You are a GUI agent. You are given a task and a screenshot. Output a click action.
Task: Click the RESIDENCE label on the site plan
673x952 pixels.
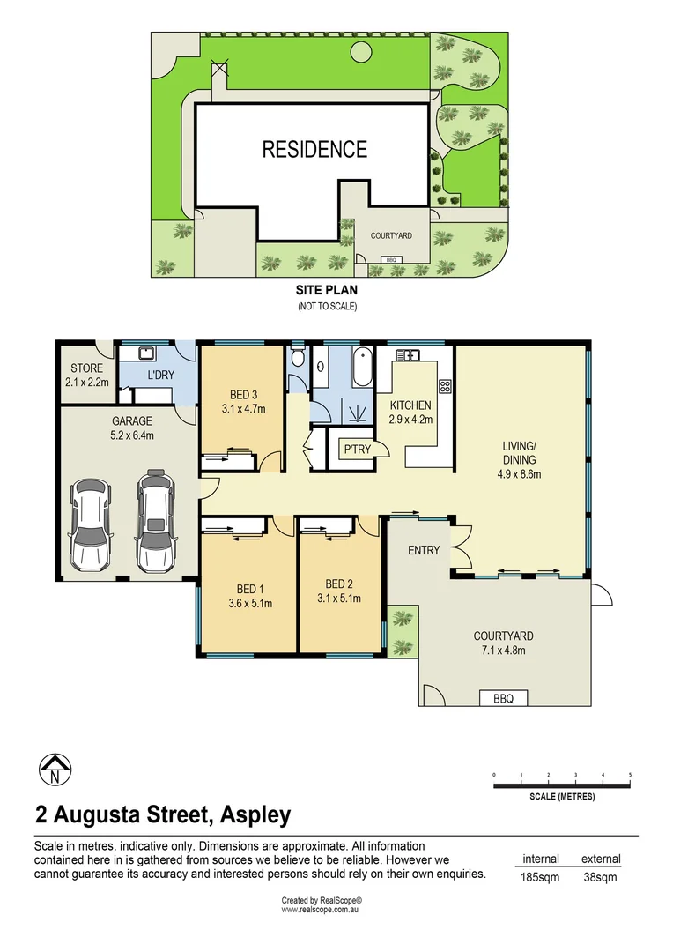click(x=314, y=149)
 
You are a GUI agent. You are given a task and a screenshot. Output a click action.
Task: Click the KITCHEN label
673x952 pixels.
click(x=410, y=405)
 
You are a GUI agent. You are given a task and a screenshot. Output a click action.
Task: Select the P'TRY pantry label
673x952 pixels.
click(x=357, y=450)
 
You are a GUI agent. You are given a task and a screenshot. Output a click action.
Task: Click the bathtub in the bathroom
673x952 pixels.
click(x=361, y=368)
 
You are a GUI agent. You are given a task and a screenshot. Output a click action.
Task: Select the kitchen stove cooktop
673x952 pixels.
click(x=445, y=384)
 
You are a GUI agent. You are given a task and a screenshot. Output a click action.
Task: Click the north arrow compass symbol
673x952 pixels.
click(x=55, y=770)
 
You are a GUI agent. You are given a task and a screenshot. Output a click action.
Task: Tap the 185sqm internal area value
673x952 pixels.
click(x=541, y=877)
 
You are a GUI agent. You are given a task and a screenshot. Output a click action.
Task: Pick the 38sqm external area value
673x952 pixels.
click(x=600, y=877)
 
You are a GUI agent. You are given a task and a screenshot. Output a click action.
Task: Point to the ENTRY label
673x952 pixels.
click(x=424, y=550)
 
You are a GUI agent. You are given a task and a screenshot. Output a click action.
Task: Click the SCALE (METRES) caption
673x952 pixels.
click(x=562, y=797)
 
